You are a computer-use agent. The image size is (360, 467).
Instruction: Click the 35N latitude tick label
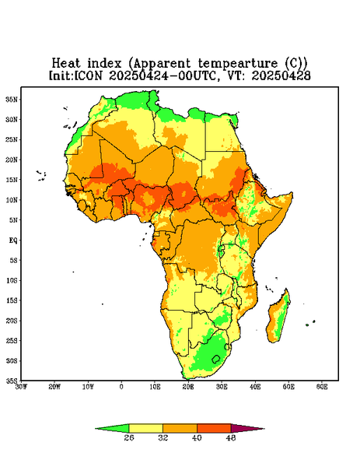[12, 99]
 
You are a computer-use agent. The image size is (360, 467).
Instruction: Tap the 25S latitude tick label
[12, 340]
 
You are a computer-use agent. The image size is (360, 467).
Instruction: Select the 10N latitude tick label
[12, 200]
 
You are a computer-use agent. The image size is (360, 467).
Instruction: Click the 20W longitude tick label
[54, 387]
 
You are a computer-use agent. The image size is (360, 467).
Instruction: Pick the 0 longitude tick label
[121, 387]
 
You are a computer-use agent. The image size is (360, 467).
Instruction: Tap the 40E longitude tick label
[255, 387]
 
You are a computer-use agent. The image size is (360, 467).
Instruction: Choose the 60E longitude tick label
[322, 387]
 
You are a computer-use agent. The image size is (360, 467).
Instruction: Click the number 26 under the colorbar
[129, 437]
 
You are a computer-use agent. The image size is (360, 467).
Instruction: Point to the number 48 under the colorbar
[231, 437]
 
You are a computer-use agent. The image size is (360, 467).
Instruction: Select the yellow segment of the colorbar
[145, 428]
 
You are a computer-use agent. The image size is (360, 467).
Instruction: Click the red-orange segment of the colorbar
[214, 428]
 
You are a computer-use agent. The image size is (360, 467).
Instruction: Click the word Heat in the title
[66, 64]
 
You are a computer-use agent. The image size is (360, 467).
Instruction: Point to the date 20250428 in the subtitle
[281, 75]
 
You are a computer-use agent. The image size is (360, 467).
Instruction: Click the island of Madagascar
[278, 318]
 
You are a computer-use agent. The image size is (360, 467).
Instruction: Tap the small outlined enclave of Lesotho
[215, 359]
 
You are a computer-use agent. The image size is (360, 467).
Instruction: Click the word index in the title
[104, 64]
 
